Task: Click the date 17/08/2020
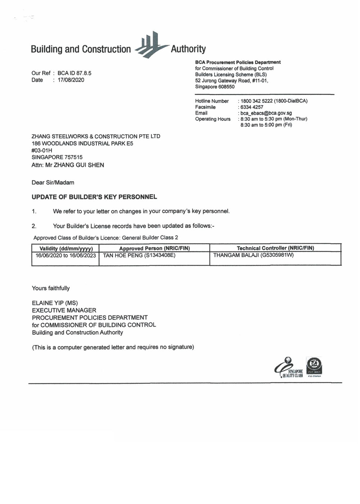tap(71, 80)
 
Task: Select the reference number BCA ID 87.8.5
tap(75, 73)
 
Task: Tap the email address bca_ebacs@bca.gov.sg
tap(266, 113)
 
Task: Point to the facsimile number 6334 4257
tap(252, 107)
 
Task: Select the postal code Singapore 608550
tap(215, 87)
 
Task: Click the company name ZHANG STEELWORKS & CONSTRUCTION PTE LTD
tap(96, 136)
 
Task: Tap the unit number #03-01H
tap(42, 150)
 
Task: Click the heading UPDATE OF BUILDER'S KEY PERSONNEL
tap(94, 197)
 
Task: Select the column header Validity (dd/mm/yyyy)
tap(66, 248)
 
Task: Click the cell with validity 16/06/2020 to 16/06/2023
tap(66, 256)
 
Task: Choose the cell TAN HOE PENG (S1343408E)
tap(139, 256)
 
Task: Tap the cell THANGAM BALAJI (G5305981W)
tap(253, 255)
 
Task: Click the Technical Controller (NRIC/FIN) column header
tap(275, 248)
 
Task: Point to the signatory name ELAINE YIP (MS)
tap(55, 303)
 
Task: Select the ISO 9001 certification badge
tap(314, 366)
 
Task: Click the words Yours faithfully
tap(51, 288)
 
